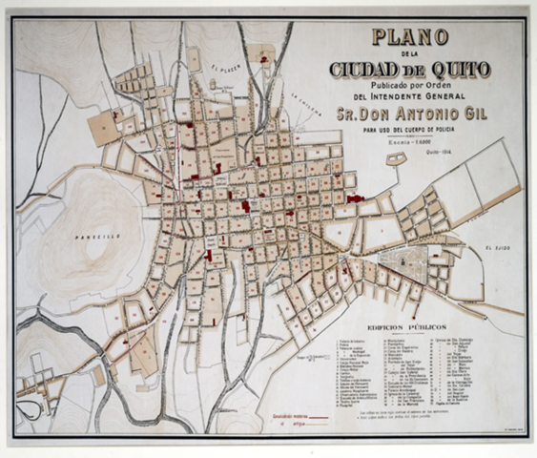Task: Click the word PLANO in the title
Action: pos(409,38)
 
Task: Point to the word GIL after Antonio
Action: pos(493,116)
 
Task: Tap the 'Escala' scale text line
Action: pos(409,140)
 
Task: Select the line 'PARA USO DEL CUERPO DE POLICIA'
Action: pos(409,131)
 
